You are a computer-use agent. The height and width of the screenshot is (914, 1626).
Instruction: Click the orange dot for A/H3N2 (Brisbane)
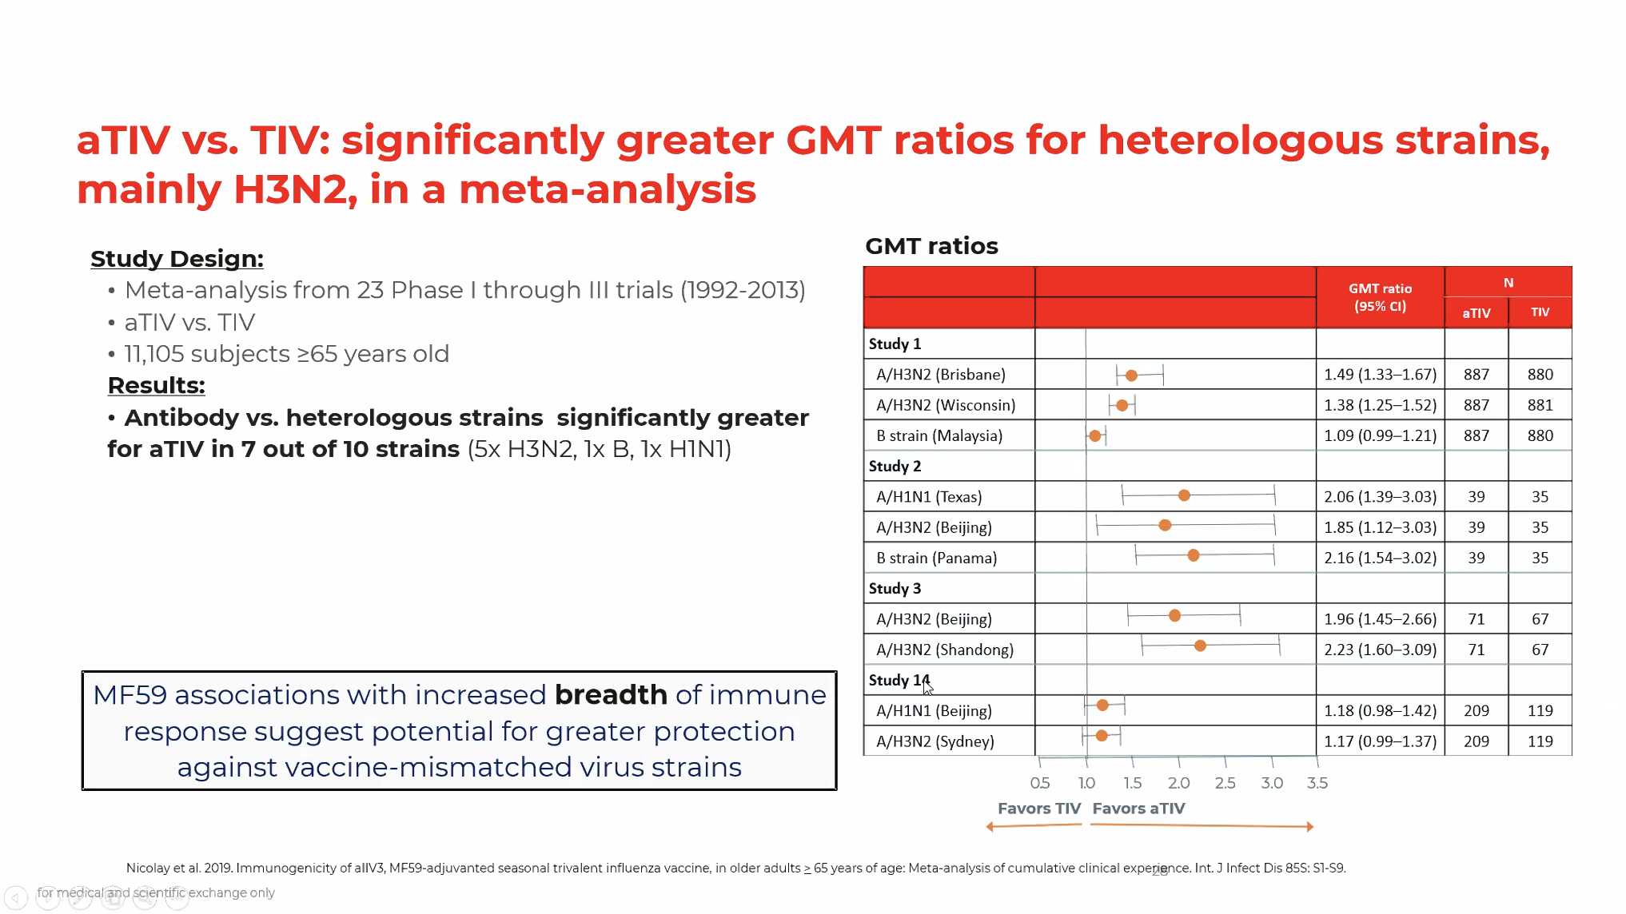1131,376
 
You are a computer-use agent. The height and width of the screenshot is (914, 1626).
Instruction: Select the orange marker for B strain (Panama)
1194,555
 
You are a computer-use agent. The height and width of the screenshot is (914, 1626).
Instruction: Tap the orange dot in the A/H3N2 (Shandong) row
1200,646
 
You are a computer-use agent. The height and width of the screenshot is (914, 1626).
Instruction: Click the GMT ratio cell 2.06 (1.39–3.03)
1380,497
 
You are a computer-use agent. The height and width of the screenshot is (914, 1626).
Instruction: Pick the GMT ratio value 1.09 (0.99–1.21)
1380,436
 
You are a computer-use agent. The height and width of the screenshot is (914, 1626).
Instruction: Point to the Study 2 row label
895,467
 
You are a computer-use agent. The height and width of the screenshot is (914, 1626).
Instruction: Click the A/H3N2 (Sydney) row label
935,742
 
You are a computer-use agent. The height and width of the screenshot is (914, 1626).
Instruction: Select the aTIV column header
1476,313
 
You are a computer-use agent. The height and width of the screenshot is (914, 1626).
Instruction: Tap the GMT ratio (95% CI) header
1380,297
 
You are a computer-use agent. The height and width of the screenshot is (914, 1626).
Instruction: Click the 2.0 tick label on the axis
1178,784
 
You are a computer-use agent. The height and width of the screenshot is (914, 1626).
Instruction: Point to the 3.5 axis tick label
1317,784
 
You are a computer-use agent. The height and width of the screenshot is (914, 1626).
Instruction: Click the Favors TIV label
1038,809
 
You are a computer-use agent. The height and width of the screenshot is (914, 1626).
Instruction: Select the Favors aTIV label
1138,809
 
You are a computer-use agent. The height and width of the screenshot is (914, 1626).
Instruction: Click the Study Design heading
177,259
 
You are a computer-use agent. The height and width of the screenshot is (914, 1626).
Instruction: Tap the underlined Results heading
156,386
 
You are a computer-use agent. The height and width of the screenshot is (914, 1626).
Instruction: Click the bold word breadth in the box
611,695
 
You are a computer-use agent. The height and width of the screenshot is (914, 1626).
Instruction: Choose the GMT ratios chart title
931,246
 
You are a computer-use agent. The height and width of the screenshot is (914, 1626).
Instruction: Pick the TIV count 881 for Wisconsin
1540,406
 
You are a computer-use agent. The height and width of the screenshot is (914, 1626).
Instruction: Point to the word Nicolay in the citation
146,868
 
